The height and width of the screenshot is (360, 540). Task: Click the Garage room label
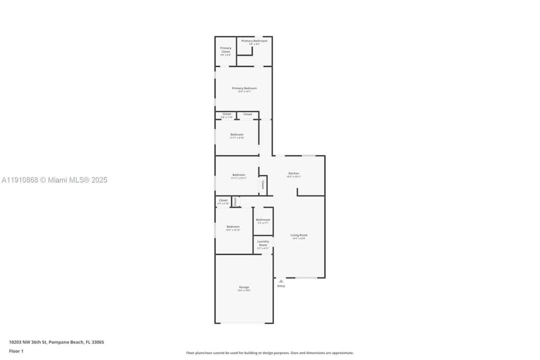(244, 287)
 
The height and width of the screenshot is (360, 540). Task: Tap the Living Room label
(299, 235)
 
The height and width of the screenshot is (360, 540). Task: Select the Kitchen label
(293, 173)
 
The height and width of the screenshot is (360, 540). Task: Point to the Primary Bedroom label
(244, 88)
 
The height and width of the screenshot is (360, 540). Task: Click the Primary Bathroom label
(254, 40)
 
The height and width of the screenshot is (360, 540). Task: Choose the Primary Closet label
(225, 49)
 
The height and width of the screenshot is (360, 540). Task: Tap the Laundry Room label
(263, 243)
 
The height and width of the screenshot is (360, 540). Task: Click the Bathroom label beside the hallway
(263, 219)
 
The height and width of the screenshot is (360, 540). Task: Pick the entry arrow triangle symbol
(281, 281)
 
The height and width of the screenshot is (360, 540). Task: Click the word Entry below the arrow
(281, 286)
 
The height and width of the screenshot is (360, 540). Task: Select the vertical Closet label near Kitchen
(263, 184)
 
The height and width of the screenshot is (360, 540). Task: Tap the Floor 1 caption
(16, 351)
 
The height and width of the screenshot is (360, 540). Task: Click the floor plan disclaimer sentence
(269, 352)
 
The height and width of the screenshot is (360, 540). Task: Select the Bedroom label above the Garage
(233, 226)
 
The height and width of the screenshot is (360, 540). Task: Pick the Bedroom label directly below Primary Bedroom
(237, 134)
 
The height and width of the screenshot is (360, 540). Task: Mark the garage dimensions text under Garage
(244, 290)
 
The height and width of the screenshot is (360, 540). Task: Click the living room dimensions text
(299, 238)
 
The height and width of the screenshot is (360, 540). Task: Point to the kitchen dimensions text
(293, 176)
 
